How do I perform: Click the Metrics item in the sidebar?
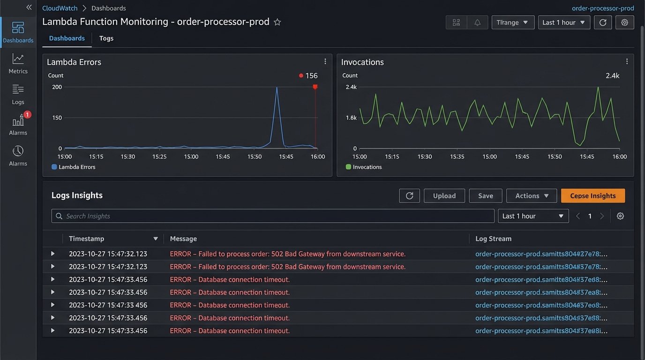(18, 64)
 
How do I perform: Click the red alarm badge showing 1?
(27, 115)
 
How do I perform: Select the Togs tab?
(106, 38)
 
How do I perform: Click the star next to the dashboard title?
(277, 22)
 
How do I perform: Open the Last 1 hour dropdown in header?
(563, 22)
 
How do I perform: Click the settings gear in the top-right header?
(624, 22)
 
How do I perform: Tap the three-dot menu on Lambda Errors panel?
(325, 61)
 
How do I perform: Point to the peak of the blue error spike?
(277, 88)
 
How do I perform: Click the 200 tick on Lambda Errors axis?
(57, 87)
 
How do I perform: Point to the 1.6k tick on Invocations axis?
(351, 118)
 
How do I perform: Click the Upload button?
(444, 196)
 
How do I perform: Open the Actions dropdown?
(531, 196)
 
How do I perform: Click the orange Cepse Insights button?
(592, 196)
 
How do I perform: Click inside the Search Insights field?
(272, 216)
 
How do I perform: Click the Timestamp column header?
(87, 239)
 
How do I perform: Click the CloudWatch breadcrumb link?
(60, 8)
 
